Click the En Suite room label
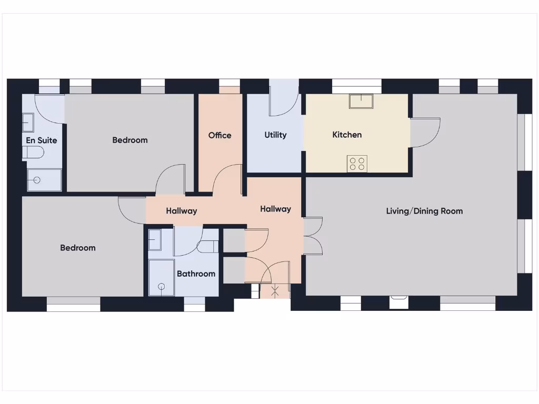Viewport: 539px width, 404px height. [x=42, y=140]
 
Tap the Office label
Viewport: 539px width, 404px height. [x=219, y=135]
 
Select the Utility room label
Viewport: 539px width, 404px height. [x=275, y=135]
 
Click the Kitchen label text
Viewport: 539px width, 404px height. [x=347, y=135]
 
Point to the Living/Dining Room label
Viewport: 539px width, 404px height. [x=424, y=211]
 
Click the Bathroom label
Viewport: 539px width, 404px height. [x=196, y=274]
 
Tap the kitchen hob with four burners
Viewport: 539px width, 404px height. [x=357, y=164]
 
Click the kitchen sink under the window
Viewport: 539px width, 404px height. [x=361, y=101]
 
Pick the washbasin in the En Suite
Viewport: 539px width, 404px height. [x=28, y=124]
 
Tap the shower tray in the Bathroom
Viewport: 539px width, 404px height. [x=161, y=278]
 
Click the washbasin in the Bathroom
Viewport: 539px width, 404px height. [x=155, y=240]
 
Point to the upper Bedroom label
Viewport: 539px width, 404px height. [x=130, y=140]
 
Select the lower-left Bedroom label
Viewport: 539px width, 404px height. [x=78, y=248]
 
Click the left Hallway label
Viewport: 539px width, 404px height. [x=182, y=211]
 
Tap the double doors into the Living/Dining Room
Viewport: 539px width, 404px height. [x=313, y=236]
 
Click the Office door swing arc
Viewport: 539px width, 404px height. [x=226, y=179]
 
